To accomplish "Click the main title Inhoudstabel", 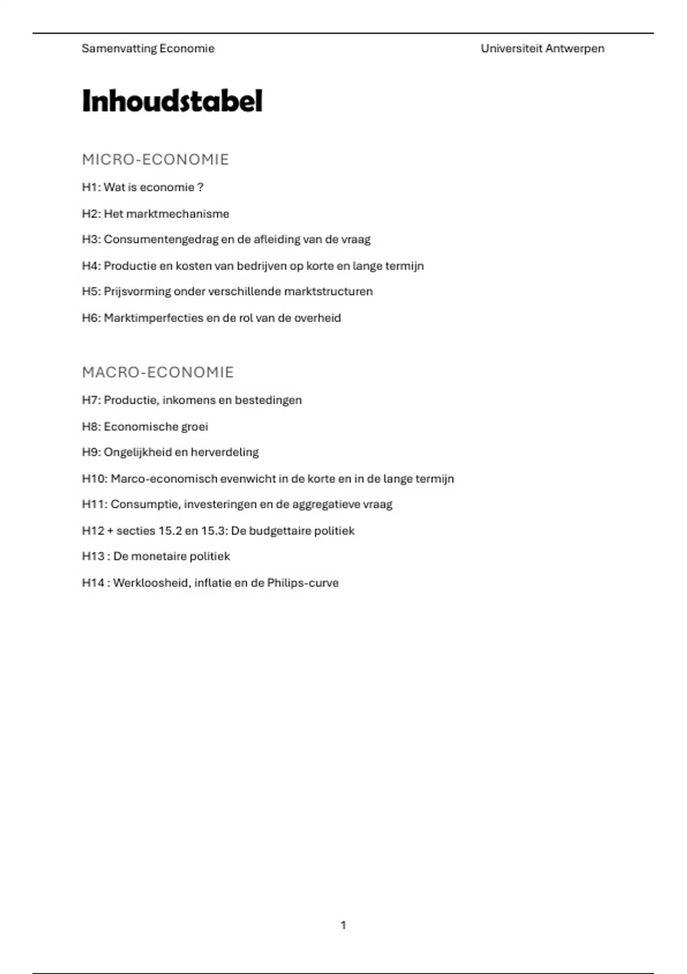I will [x=172, y=101].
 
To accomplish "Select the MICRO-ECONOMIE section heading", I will [x=155, y=159].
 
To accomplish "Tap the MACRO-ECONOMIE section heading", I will [x=157, y=372].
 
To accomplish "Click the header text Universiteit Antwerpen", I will [x=542, y=49].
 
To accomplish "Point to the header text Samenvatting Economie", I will [x=148, y=49].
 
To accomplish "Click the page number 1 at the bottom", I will [x=343, y=925].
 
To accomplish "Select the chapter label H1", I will [x=90, y=187].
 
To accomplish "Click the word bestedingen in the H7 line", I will [x=268, y=400].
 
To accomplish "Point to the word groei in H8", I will [x=195, y=427].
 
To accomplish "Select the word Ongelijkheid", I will [x=137, y=452].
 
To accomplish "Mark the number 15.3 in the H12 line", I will [x=214, y=531].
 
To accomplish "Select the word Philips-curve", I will [x=303, y=583].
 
